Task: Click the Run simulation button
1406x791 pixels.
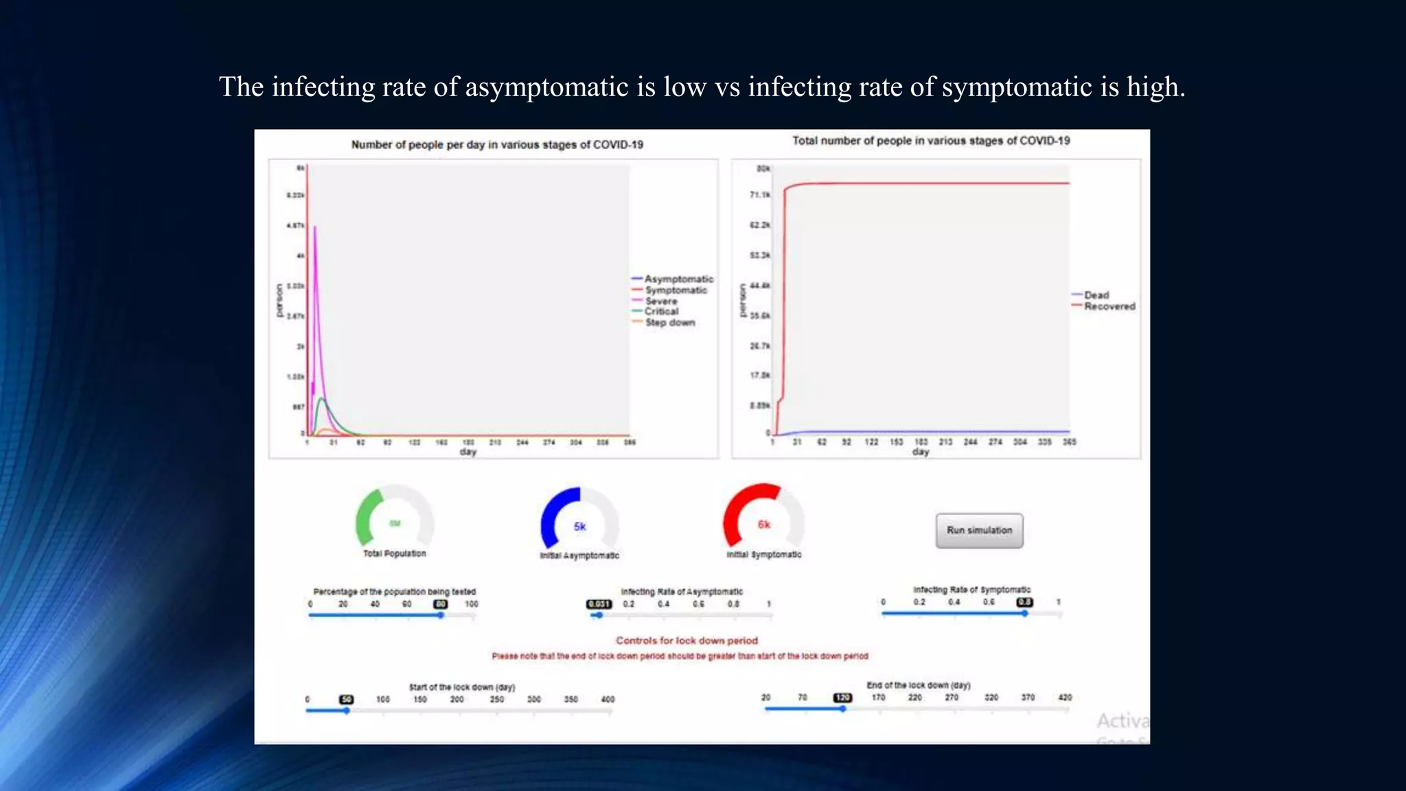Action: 979,530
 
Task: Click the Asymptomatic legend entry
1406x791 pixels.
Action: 678,279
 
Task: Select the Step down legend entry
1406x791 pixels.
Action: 669,323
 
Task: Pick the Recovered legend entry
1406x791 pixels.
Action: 1109,306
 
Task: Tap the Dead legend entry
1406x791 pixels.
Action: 1096,295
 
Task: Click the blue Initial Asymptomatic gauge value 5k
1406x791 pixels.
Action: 579,527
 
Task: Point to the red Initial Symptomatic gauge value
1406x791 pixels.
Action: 763,525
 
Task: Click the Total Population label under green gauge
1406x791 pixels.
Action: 394,553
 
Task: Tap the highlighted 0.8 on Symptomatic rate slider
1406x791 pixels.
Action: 1024,602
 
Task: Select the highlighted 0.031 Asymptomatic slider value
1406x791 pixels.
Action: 599,604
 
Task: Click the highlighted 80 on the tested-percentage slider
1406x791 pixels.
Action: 441,604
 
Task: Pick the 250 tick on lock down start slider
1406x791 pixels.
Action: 496,699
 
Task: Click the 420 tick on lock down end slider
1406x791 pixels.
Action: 1065,698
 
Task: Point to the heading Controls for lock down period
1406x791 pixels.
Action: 687,641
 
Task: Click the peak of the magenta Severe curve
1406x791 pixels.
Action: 314,227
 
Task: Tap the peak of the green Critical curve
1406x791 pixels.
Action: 321,398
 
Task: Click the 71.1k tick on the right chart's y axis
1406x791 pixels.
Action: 759,195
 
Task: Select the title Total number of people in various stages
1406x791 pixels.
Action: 931,141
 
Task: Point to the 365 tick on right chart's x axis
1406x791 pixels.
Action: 1069,442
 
